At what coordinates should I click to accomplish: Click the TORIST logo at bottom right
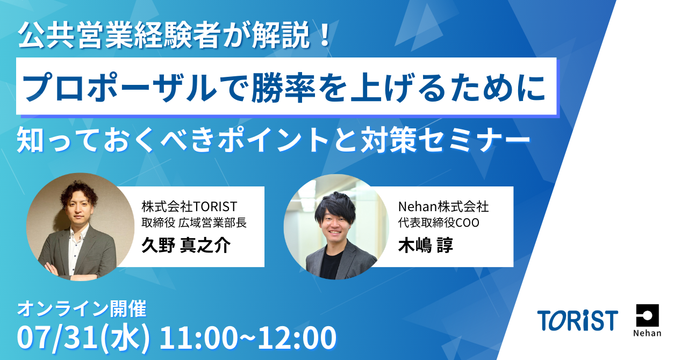[x=577, y=320]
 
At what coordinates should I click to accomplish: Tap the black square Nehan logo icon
[x=648, y=315]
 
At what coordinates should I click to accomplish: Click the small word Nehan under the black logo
[x=647, y=333]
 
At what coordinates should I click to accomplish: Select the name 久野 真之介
[x=186, y=245]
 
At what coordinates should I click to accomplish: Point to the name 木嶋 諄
[x=425, y=245]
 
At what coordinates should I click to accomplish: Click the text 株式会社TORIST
[x=189, y=207]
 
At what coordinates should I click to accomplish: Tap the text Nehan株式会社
[x=443, y=207]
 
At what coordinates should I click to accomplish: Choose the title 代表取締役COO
[x=439, y=222]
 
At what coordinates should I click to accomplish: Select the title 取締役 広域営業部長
[x=194, y=222]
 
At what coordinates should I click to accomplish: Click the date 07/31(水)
[x=83, y=338]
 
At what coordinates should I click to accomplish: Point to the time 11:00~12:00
[x=248, y=338]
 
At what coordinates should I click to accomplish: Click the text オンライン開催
[x=82, y=309]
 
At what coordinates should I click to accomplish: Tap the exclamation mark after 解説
[x=324, y=35]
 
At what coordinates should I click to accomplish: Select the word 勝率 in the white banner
[x=284, y=87]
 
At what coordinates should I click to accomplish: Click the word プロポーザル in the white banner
[x=120, y=87]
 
